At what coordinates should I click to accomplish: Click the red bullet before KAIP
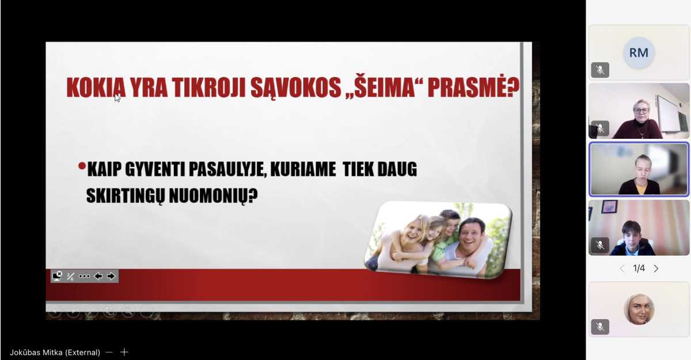[82, 166]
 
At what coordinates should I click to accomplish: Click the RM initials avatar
[639, 53]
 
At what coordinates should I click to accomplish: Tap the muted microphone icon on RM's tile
[600, 70]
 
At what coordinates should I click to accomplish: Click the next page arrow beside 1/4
[656, 268]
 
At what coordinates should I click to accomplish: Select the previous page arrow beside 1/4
[622, 268]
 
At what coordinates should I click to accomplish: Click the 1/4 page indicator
[639, 268]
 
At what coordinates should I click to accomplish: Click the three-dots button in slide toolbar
[84, 276]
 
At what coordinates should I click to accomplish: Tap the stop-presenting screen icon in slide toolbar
[58, 276]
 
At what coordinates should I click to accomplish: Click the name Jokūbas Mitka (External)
[55, 353]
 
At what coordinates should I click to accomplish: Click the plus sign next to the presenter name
[124, 352]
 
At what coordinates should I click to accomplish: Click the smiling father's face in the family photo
[471, 236]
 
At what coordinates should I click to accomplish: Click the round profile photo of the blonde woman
[639, 309]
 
